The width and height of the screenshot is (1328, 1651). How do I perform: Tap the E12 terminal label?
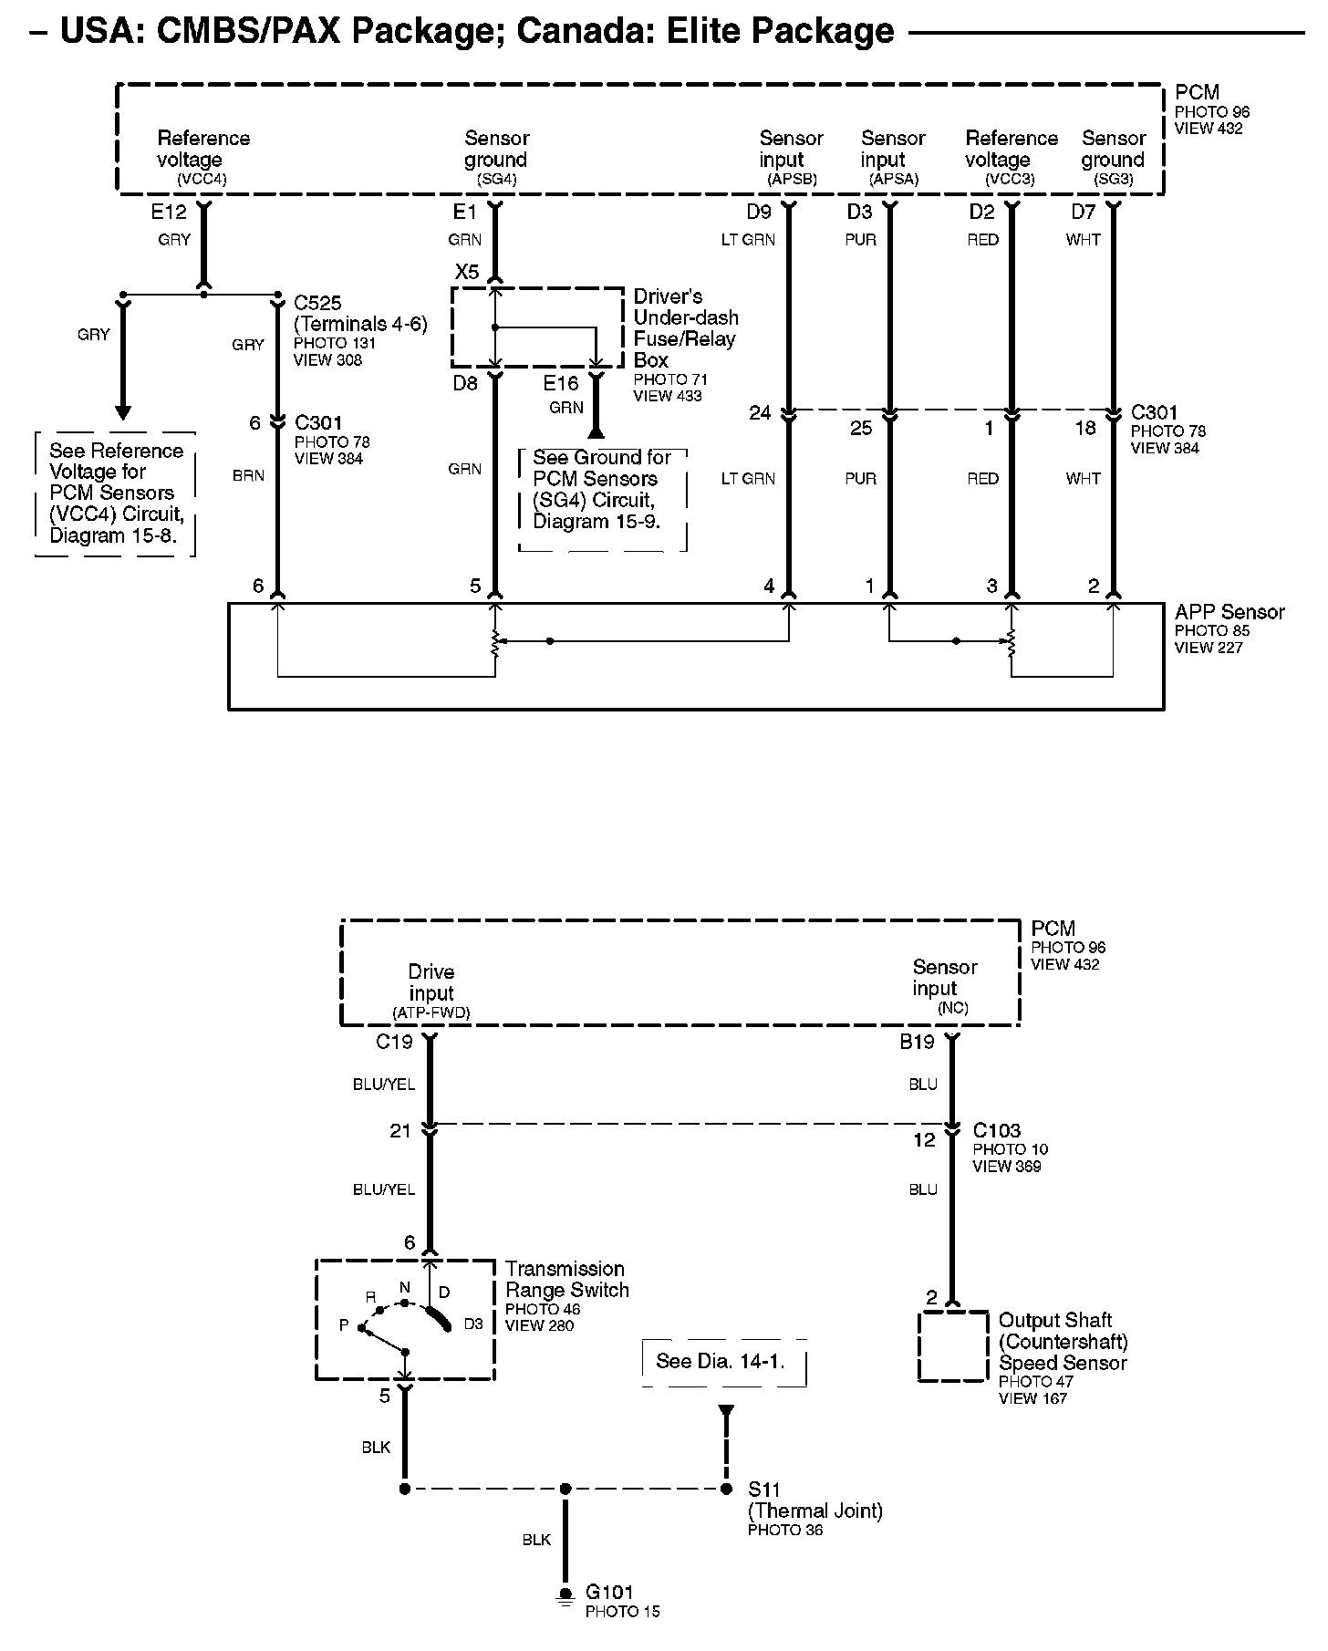pyautogui.click(x=169, y=213)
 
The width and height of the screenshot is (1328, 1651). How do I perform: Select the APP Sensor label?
pyautogui.click(x=1229, y=612)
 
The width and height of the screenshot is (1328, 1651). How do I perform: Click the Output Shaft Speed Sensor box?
pyautogui.click(x=952, y=1346)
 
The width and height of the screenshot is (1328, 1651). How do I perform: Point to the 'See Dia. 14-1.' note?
pyautogui.click(x=721, y=1361)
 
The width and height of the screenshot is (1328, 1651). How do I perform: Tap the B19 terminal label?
pyautogui.click(x=918, y=1042)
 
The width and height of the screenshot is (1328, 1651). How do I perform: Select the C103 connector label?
pyautogui.click(x=996, y=1130)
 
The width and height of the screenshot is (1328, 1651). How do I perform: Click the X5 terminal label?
pyautogui.click(x=466, y=272)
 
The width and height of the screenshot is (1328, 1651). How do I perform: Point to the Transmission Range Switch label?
pyautogui.click(x=566, y=1279)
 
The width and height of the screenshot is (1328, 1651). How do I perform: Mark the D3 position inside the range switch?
pyautogui.click(x=472, y=1324)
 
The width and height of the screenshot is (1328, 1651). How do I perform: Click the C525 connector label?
pyautogui.click(x=317, y=303)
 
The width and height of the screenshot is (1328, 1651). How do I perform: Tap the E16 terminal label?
pyautogui.click(x=561, y=383)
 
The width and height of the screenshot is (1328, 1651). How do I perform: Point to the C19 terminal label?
pyautogui.click(x=394, y=1042)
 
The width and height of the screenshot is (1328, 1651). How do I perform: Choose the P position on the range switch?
pyautogui.click(x=344, y=1324)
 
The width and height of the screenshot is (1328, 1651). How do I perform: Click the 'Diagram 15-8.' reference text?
pyautogui.click(x=120, y=535)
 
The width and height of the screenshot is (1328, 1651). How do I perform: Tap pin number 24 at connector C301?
pyautogui.click(x=760, y=413)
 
